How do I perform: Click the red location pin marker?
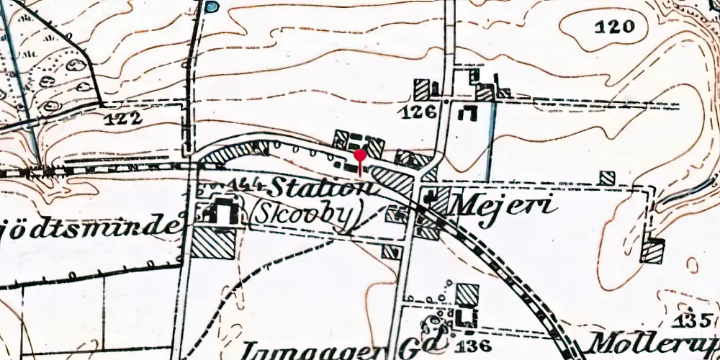360,156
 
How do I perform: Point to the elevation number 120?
616,28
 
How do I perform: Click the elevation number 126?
421,112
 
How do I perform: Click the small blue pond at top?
211,7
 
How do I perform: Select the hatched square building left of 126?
423,90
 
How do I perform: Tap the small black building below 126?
471,112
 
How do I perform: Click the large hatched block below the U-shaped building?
213,243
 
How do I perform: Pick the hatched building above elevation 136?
467,294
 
